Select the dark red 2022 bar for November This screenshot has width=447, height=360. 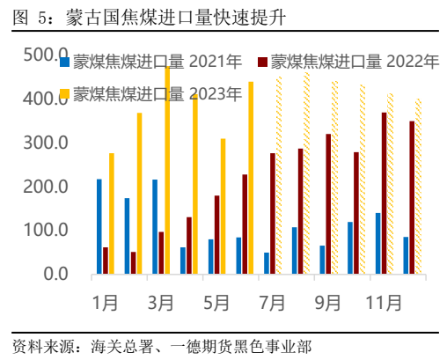[384, 194]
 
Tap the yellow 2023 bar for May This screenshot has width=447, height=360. [223, 207]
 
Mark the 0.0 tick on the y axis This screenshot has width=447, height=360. [55, 274]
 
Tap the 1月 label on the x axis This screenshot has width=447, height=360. [106, 302]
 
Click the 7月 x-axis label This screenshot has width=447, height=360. [273, 302]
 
